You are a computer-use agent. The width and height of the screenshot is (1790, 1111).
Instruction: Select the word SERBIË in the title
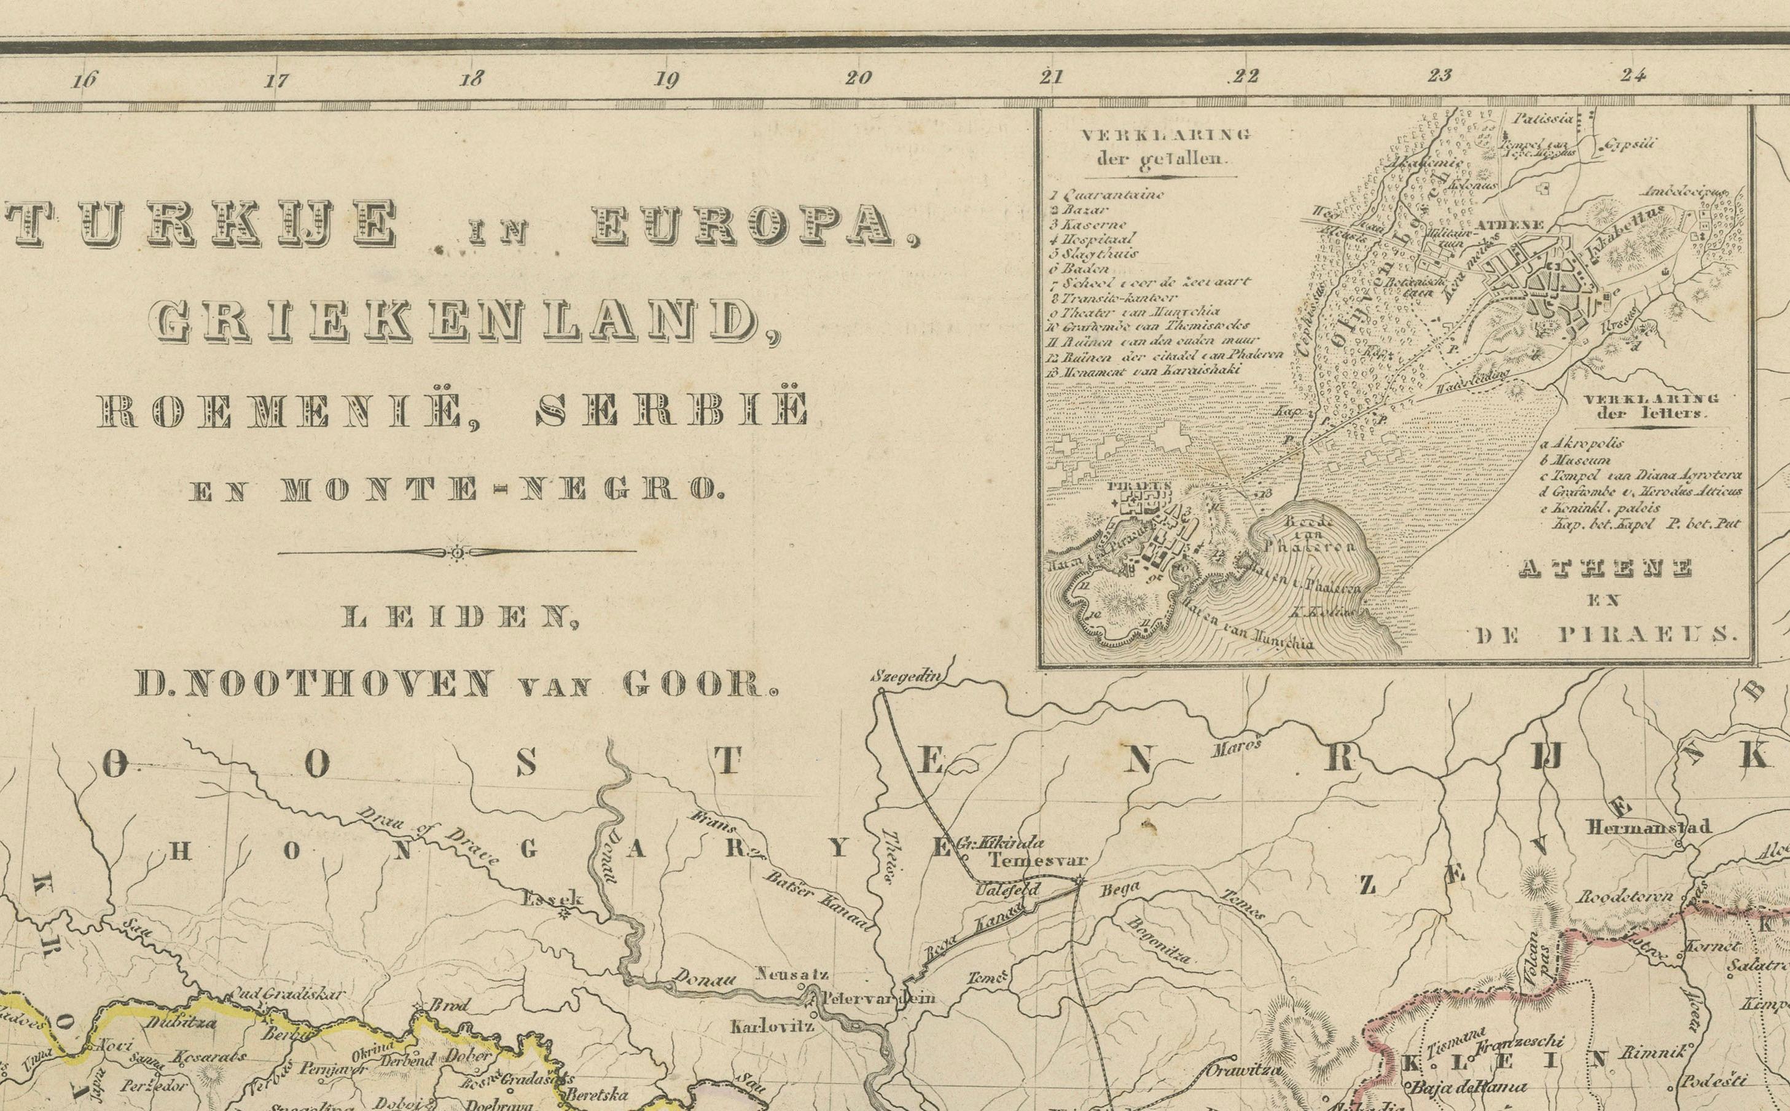[x=672, y=412]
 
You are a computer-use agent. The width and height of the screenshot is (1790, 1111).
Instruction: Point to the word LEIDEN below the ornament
[x=458, y=618]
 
